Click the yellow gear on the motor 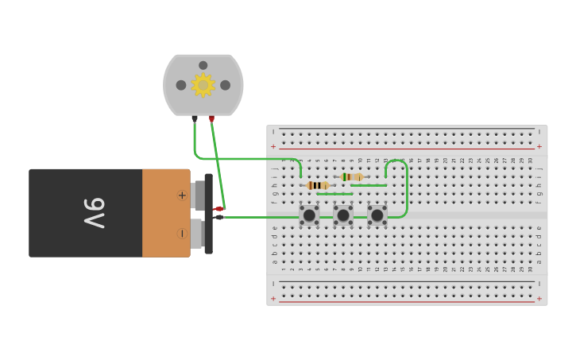(203, 84)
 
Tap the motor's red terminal (211, 119)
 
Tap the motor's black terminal (195, 119)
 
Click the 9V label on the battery (95, 213)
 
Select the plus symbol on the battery (182, 195)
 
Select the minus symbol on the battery (182, 234)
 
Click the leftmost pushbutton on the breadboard (309, 215)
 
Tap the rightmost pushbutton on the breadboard (377, 215)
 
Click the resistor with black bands (317, 185)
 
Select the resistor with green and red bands (351, 176)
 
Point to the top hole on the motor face (203, 65)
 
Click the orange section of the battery (166, 213)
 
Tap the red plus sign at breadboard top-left (273, 146)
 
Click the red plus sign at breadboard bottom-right (539, 299)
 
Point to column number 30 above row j (530, 161)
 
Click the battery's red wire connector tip (218, 209)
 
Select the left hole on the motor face (181, 85)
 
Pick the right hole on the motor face (226, 85)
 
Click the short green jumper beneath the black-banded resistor (334, 193)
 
